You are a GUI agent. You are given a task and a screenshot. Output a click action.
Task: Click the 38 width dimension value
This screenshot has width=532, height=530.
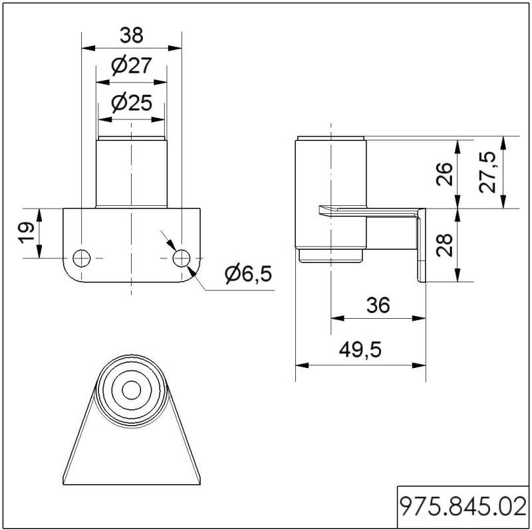coord(132,35)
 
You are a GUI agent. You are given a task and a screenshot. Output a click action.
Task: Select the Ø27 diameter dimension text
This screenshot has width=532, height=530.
coord(131,65)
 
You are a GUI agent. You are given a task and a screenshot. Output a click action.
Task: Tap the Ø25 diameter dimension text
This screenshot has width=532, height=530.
coord(132,103)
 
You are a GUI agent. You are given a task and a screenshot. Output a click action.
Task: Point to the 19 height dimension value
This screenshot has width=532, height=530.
coord(27,233)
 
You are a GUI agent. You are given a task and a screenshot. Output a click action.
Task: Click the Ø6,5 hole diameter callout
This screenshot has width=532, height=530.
coord(248,274)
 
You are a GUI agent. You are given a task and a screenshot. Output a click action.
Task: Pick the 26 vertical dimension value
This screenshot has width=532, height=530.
coord(444,174)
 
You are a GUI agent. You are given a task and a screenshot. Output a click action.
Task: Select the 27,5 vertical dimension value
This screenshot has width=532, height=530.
coord(487,172)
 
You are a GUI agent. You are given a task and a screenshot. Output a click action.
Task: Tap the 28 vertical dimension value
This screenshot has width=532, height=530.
coord(444,245)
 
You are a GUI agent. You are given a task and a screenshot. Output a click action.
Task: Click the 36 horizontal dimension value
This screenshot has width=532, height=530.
coord(378,305)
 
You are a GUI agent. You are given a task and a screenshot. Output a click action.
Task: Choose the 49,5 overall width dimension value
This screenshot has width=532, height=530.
coord(360,349)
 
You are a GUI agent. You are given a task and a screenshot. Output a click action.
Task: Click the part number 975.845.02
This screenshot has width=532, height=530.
coord(464,507)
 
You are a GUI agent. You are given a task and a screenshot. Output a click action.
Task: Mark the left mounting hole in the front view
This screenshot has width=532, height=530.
coord(81,258)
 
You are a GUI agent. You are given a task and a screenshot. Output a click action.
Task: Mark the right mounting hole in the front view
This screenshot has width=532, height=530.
coord(182,258)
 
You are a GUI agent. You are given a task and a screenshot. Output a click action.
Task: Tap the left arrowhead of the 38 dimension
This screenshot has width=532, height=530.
coord(88,48)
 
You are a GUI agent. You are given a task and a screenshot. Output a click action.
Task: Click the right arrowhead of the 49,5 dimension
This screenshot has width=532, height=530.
coord(419,365)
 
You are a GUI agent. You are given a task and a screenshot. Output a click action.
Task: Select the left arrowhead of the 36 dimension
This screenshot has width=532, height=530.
coord(338,318)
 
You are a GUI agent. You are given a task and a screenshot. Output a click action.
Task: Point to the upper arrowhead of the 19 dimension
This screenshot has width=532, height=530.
coord(39,216)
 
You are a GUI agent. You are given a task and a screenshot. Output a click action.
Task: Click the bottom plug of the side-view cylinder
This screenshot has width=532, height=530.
coord(331,256)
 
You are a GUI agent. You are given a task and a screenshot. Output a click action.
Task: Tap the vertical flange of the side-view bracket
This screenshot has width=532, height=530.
coord(422,245)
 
